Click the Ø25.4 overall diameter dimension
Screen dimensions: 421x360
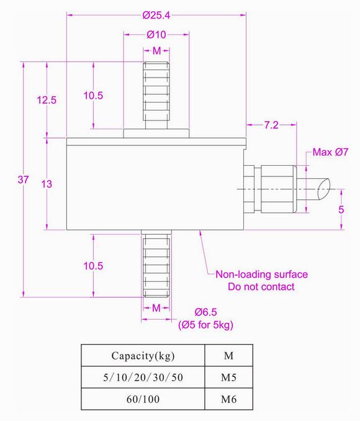pyautogui.click(x=156, y=14)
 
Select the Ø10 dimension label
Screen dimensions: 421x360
pyautogui.click(x=156, y=35)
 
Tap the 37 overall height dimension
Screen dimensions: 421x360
pyautogui.click(x=24, y=180)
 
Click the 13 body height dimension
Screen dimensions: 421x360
pyautogui.click(x=47, y=183)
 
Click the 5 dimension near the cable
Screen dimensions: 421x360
pyautogui.click(x=341, y=210)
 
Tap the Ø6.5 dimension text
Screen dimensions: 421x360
pyautogui.click(x=205, y=312)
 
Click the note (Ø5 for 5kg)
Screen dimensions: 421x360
pyautogui.click(x=205, y=325)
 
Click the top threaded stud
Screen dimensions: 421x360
pyautogui.click(x=156, y=93)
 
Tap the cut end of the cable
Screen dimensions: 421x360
pyautogui.click(x=323, y=188)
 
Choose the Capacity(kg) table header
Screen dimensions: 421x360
pyautogui.click(x=143, y=356)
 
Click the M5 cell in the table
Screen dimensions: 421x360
pyautogui.click(x=228, y=377)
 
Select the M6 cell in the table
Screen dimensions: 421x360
pyautogui.click(x=228, y=399)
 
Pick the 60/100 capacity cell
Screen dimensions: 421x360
pyautogui.click(x=143, y=399)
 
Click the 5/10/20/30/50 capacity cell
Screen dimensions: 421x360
pyautogui.click(x=143, y=377)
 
